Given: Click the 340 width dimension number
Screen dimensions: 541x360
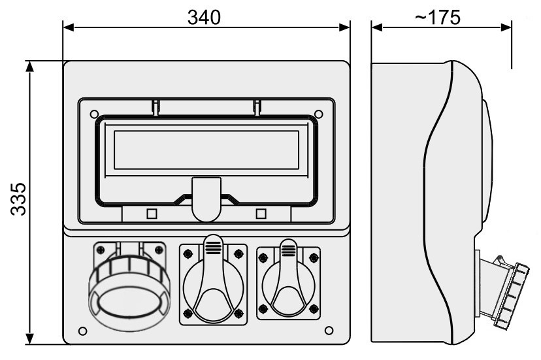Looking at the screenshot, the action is (204, 17).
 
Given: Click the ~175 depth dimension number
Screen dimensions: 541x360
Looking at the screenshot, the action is (438, 17).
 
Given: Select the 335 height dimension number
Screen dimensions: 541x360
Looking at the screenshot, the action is (18, 199).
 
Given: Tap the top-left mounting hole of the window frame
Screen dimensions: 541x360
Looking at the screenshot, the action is (94, 114).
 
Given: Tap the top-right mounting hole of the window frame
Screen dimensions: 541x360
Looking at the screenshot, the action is (318, 114).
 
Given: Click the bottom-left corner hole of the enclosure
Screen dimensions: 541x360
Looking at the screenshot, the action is (83, 331).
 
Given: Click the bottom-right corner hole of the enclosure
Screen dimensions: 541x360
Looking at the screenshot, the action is (329, 331).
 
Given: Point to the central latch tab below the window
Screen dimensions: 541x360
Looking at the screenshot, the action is (206, 199).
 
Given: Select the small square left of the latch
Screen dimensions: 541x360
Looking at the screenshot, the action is (152, 214).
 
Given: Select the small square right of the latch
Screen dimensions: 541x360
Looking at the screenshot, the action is (261, 214).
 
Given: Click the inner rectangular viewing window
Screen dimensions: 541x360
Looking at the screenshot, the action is (206, 150).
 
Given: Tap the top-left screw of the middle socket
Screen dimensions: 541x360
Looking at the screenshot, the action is (188, 254).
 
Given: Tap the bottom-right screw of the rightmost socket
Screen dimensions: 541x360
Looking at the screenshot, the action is (314, 308).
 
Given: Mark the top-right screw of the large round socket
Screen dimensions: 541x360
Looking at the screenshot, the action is (159, 250).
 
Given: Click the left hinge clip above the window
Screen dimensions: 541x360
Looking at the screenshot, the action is (156, 107).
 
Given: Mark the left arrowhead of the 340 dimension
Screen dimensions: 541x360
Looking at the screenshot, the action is (69, 27).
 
